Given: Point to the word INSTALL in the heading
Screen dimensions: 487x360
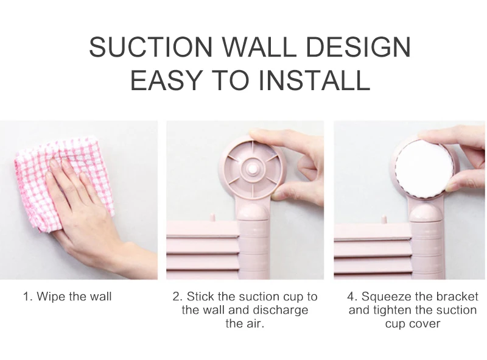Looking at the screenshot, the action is tap(314, 80).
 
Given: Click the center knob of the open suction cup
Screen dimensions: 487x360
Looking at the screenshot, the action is tap(251, 169).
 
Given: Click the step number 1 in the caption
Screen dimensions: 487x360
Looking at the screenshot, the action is tap(27, 296).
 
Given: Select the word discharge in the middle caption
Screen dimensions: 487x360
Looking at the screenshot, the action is tap(281, 310).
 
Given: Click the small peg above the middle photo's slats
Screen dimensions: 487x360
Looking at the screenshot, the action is tap(212, 217).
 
